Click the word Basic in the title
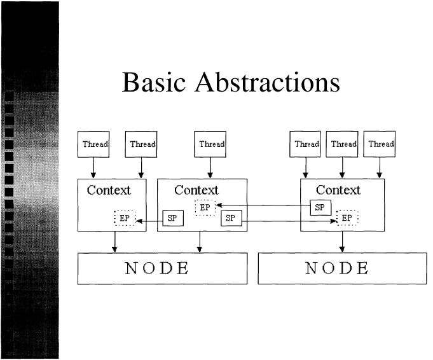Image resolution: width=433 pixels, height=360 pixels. (153, 82)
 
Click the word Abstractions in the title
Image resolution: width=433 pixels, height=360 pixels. (268, 82)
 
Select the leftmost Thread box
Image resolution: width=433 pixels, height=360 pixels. (93, 144)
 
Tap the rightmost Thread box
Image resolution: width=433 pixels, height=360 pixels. (380, 144)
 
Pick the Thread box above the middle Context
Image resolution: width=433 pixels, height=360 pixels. (210, 144)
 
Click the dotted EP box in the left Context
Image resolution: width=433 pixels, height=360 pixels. (125, 218)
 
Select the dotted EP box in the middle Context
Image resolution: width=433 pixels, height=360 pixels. (205, 207)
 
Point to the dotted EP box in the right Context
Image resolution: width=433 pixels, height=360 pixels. (347, 218)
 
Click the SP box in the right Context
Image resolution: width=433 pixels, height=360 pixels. (320, 207)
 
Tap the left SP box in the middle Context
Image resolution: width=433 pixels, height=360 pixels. (173, 218)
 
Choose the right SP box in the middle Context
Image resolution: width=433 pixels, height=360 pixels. (231, 218)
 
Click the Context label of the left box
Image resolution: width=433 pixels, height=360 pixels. (109, 190)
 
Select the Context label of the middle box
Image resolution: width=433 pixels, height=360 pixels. (196, 190)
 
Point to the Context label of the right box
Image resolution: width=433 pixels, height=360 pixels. (338, 190)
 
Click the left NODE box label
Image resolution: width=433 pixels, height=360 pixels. (157, 268)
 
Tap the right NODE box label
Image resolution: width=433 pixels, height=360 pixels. (337, 268)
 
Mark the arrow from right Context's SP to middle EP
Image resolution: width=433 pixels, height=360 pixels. (263, 205)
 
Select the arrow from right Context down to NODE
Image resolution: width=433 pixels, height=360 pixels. (343, 242)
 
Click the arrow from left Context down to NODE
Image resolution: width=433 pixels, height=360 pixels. (114, 242)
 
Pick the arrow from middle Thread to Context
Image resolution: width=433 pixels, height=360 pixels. (210, 168)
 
